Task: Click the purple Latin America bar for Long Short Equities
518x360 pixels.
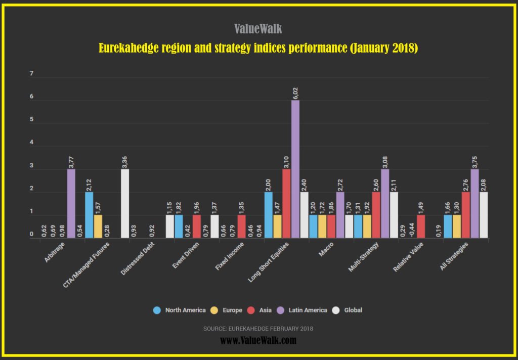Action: tap(295, 169)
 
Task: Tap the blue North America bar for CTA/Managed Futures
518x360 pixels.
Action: tap(89, 215)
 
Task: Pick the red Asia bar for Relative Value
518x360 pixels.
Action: tap(421, 227)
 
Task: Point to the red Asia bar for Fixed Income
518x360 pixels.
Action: tap(241, 227)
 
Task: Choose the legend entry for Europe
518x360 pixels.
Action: tap(228, 310)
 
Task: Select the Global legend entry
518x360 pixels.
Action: tap(350, 310)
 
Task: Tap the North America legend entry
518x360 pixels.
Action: tap(180, 310)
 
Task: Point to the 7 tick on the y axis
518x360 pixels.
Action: tap(31, 74)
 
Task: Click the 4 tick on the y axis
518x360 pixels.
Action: tap(31, 143)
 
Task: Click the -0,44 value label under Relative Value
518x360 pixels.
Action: tap(412, 230)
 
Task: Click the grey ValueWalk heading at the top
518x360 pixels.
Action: tap(258, 29)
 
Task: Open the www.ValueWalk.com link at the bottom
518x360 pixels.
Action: tap(258, 341)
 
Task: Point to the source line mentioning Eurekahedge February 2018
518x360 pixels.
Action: tap(258, 329)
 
